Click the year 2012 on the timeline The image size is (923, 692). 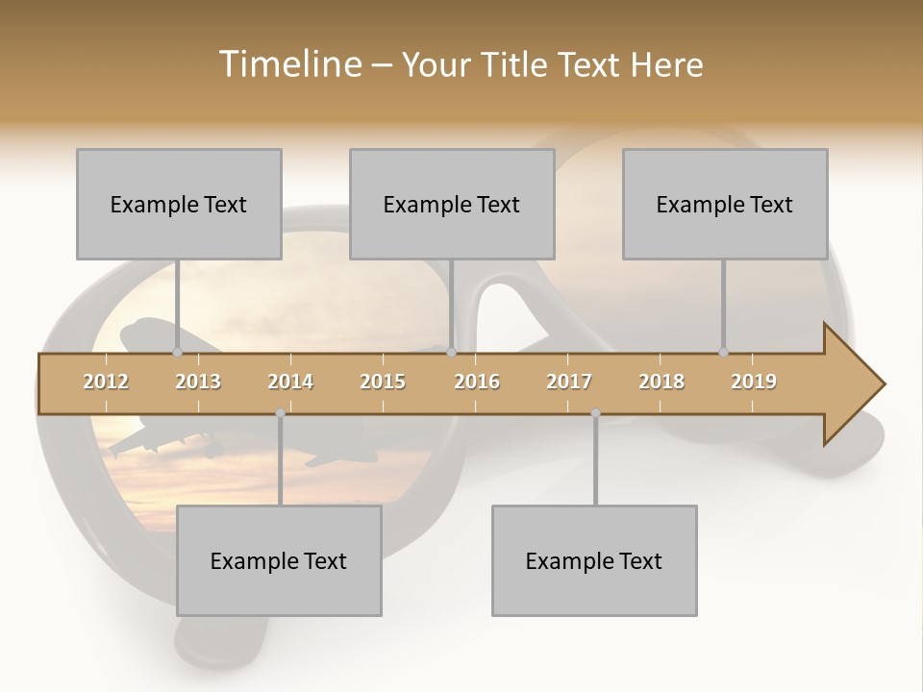pyautogui.click(x=106, y=382)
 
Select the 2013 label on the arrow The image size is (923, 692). pyautogui.click(x=198, y=382)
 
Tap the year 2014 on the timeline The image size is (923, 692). pyautogui.click(x=290, y=382)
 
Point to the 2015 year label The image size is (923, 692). pyautogui.click(x=383, y=382)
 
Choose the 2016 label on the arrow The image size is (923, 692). pyautogui.click(x=477, y=382)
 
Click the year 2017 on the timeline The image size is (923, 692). pyautogui.click(x=569, y=382)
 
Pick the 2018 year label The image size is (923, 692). pyautogui.click(x=661, y=382)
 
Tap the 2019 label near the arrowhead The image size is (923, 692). pyautogui.click(x=754, y=382)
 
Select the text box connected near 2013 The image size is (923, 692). pyautogui.click(x=179, y=204)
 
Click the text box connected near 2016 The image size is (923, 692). pyautogui.click(x=452, y=204)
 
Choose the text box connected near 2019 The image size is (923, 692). pyautogui.click(x=725, y=204)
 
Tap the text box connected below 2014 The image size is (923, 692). pyautogui.click(x=279, y=560)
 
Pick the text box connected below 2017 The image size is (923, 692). pyautogui.click(x=594, y=560)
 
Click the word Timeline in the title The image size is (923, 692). pyautogui.click(x=288, y=64)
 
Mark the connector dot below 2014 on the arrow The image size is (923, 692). pyautogui.click(x=280, y=413)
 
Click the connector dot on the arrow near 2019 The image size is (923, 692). pyautogui.click(x=723, y=353)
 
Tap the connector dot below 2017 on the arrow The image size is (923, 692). pyautogui.click(x=595, y=413)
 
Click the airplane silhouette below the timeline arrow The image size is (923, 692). pyautogui.click(x=159, y=442)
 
